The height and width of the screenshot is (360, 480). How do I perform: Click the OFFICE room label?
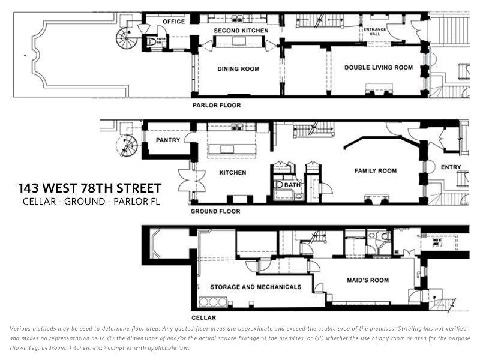[x=174, y=22]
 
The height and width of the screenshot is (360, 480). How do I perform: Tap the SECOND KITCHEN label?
[x=242, y=31]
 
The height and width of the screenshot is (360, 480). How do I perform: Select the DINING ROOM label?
[x=238, y=69]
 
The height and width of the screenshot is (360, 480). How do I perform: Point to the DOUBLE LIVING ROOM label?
[x=379, y=68]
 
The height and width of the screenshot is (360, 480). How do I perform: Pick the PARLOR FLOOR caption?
[x=217, y=106]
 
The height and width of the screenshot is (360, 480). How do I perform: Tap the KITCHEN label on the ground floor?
[x=232, y=173]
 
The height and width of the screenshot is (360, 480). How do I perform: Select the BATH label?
[x=293, y=185]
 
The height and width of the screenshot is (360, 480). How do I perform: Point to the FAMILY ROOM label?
[x=376, y=171]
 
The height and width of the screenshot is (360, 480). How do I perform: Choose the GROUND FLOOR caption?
[x=215, y=211]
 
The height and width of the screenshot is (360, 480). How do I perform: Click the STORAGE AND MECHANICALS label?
[x=256, y=287]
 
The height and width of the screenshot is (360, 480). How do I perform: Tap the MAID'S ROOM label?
[x=368, y=280]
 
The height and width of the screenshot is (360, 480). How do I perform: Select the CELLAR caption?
[x=203, y=317]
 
